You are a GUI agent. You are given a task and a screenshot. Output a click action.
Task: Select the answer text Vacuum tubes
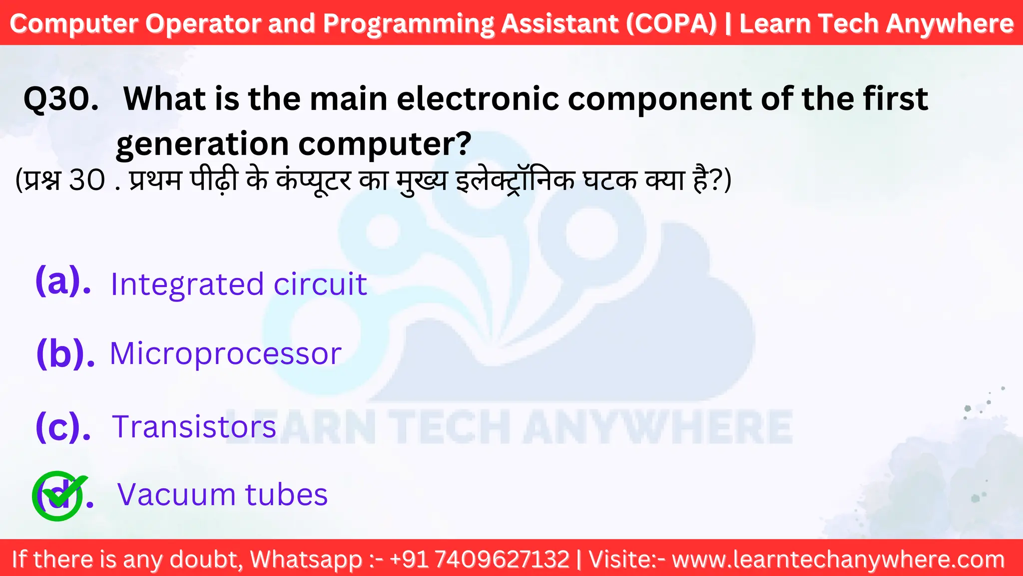coord(222,495)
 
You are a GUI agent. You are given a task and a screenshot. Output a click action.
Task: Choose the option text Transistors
coord(194,427)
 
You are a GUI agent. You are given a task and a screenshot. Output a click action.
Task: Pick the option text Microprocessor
coord(225,354)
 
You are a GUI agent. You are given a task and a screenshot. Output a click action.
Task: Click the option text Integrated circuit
coord(238,284)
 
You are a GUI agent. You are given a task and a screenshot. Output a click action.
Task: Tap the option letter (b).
coord(65,353)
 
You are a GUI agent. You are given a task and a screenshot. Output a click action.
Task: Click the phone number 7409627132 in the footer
coord(503,559)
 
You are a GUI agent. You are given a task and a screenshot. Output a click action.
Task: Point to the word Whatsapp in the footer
coord(306,559)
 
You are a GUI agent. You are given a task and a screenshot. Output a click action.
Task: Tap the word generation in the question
coord(202,144)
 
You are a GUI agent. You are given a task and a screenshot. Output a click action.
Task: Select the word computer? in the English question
coord(385,144)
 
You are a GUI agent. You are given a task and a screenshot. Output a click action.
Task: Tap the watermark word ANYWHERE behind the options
coord(657,427)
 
